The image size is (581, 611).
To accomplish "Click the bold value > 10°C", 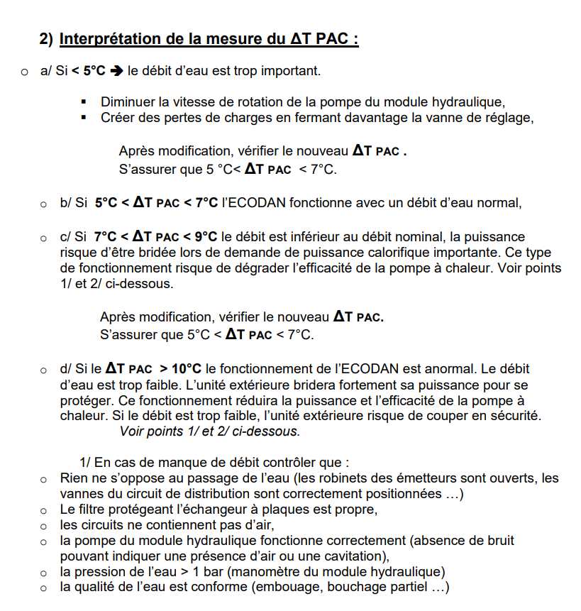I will coord(180,369).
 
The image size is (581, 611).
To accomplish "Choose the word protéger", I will coord(84,400).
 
